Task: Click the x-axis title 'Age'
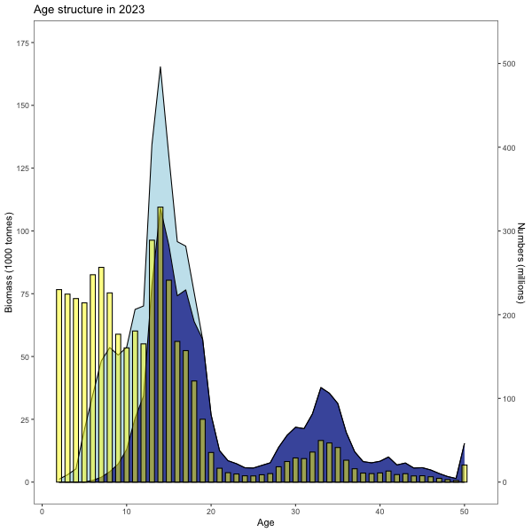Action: pyautogui.click(x=266, y=522)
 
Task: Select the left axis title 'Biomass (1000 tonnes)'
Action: pyautogui.click(x=10, y=262)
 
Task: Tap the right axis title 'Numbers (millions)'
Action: pyautogui.click(x=521, y=262)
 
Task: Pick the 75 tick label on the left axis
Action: pyautogui.click(x=27, y=293)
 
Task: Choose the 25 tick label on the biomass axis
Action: pyautogui.click(x=27, y=419)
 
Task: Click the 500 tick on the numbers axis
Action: pyautogui.click(x=510, y=64)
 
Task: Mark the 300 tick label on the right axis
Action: pyautogui.click(x=510, y=231)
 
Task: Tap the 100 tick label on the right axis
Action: pyautogui.click(x=510, y=399)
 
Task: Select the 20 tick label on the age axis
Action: pyautogui.click(x=211, y=510)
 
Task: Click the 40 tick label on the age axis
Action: pyautogui.click(x=379, y=510)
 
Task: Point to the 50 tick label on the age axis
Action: pyautogui.click(x=464, y=510)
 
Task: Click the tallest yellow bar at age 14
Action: pyautogui.click(x=160, y=346)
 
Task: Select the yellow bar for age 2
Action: pyautogui.click(x=59, y=386)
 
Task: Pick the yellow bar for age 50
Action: pyautogui.click(x=465, y=473)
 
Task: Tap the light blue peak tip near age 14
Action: pyautogui.click(x=160, y=68)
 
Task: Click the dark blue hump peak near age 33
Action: pyautogui.click(x=321, y=388)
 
